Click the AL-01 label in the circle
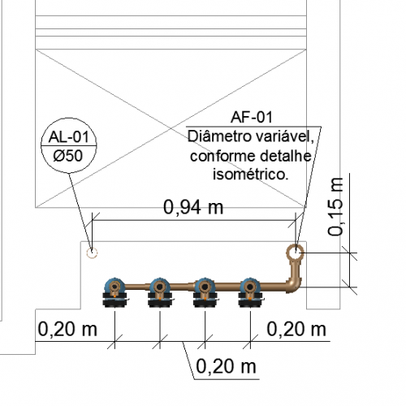pyautogui.click(x=69, y=137)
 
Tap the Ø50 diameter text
pyautogui.click(x=68, y=156)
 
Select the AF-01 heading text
pyautogui.click(x=252, y=117)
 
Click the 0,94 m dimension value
pyautogui.click(x=193, y=208)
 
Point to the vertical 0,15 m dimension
pyautogui.click(x=335, y=207)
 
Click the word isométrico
pyautogui.click(x=250, y=175)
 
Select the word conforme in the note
pyautogui.click(x=223, y=156)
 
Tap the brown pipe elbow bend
pyautogui.click(x=294, y=285)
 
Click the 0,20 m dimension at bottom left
pyautogui.click(x=67, y=330)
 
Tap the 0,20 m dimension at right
pyautogui.click(x=296, y=330)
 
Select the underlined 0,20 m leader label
pyautogui.click(x=226, y=366)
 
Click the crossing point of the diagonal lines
pyautogui.click(x=171, y=128)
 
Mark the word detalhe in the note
pyautogui.click(x=286, y=156)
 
